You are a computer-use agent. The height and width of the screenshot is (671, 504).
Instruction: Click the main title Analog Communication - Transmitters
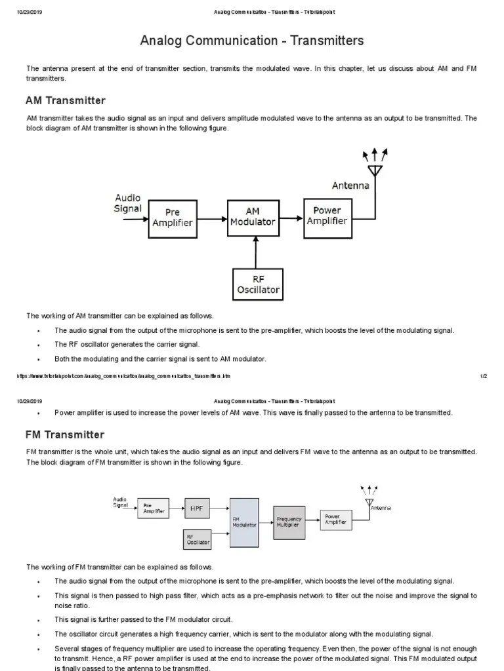(x=251, y=41)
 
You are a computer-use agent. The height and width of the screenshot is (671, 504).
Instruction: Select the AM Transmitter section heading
(x=65, y=100)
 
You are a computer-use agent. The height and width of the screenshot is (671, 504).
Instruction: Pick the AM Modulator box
(x=253, y=216)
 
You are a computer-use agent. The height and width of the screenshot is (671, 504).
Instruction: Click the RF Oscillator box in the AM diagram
(x=258, y=284)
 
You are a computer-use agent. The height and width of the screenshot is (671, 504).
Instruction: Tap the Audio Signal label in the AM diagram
(x=128, y=203)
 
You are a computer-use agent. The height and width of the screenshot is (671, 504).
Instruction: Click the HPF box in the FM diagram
(x=197, y=508)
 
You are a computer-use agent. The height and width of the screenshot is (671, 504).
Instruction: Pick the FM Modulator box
(x=244, y=522)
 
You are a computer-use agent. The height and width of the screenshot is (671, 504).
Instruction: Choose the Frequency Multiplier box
(x=289, y=522)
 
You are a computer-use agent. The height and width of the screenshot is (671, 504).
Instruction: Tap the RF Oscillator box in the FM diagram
(x=198, y=539)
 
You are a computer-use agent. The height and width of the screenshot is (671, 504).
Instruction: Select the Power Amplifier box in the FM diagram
(x=336, y=520)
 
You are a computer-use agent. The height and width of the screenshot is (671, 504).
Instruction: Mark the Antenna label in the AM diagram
(x=350, y=185)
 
